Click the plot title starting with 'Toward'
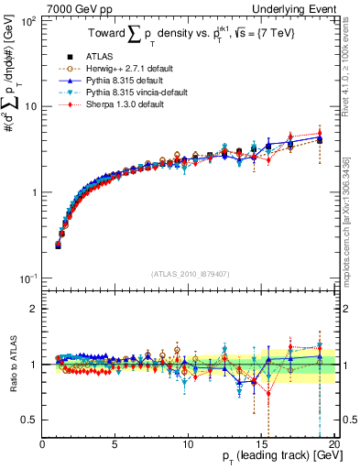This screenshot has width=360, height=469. [x=191, y=34]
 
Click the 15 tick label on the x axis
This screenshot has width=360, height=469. [x=260, y=443]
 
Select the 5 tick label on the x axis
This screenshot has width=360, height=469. [x=115, y=443]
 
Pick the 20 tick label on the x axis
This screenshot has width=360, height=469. [x=333, y=443]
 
